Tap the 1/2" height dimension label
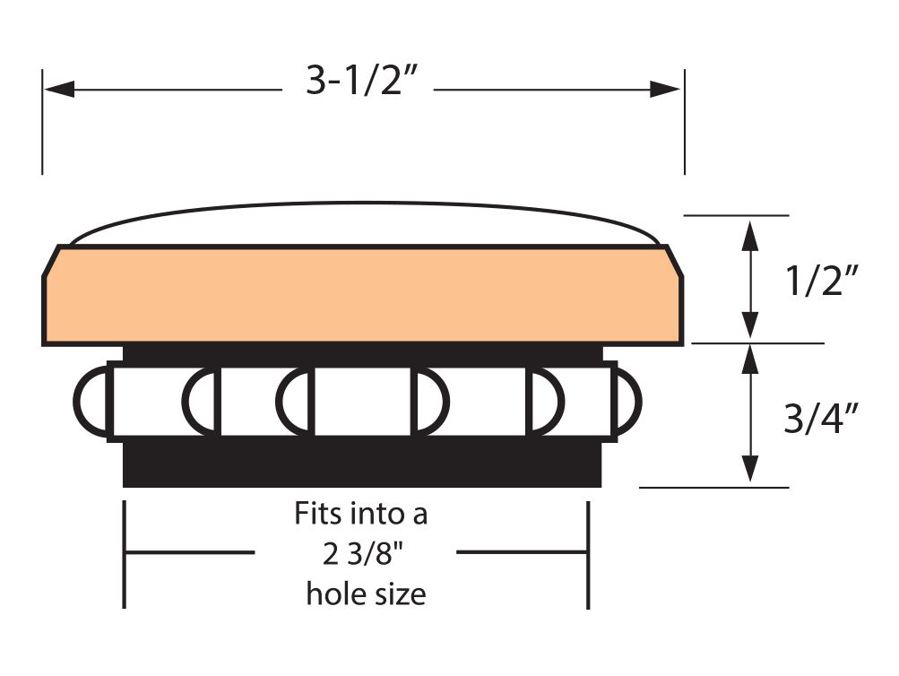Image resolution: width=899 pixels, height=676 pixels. point(822,281)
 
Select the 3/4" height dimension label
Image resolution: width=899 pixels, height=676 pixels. point(822,418)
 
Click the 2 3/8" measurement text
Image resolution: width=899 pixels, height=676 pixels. point(363,553)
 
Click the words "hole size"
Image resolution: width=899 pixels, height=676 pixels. point(366,594)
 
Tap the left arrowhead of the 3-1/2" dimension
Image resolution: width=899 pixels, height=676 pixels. point(60,90)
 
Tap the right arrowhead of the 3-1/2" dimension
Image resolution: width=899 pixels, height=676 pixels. point(664,90)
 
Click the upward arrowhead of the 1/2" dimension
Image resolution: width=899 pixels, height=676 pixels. point(750,236)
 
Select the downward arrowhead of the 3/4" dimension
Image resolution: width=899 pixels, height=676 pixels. point(750,468)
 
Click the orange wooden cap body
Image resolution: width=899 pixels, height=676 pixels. point(362,295)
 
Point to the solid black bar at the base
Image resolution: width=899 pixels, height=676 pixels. point(362,464)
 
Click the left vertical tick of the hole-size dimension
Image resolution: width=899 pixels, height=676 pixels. point(125,554)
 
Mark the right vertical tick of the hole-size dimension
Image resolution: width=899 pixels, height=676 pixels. point(588,554)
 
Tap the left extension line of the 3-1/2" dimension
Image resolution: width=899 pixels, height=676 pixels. point(42,122)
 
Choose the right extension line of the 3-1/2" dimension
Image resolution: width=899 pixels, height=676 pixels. point(685,122)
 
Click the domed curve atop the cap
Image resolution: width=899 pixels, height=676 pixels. point(362,202)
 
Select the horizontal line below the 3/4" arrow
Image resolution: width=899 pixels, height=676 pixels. point(713,488)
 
